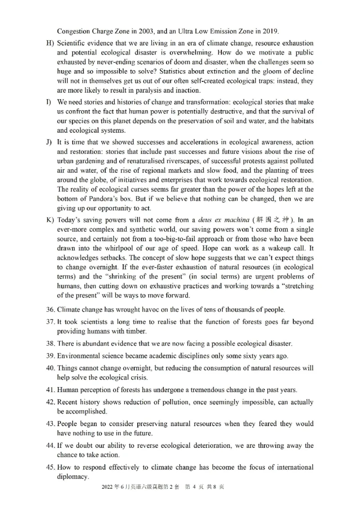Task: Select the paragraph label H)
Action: [x=50, y=43]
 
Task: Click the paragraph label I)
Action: [x=49, y=103]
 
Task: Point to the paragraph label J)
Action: [x=49, y=142]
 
